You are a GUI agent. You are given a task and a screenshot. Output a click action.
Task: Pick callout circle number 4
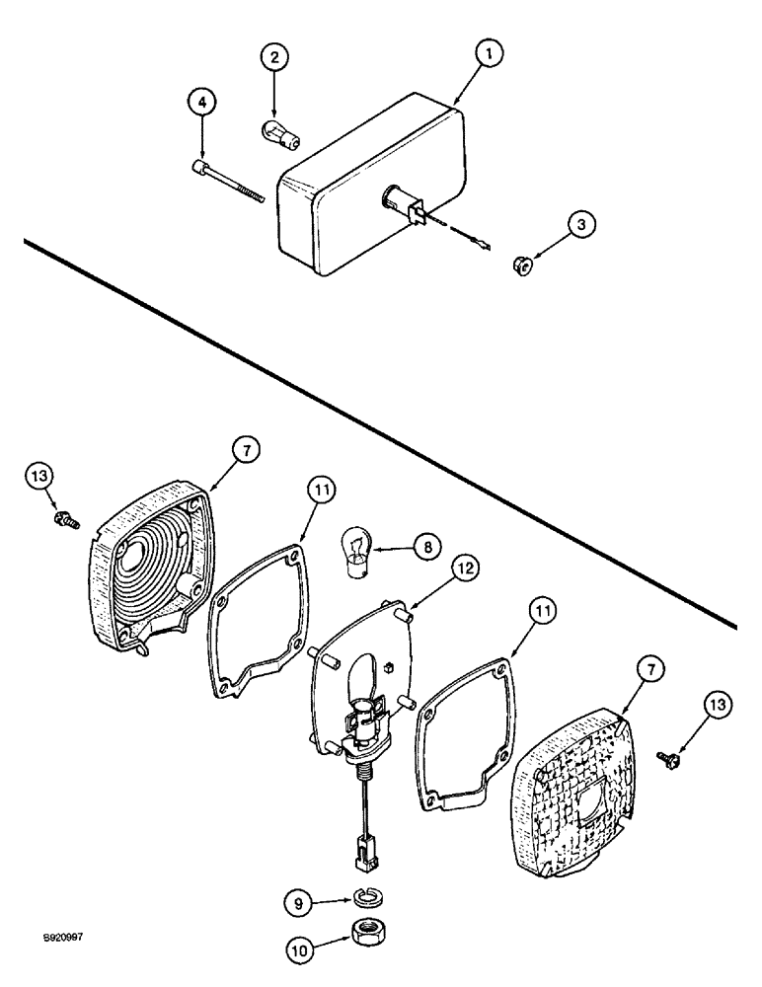pyautogui.click(x=201, y=104)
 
